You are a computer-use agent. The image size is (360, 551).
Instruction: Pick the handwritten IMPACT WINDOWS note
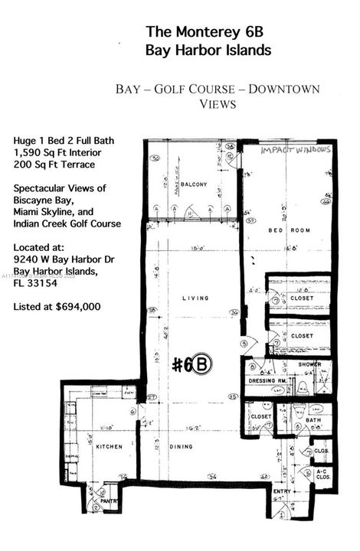[x=296, y=151]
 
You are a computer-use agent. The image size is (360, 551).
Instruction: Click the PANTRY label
[x=110, y=503]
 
